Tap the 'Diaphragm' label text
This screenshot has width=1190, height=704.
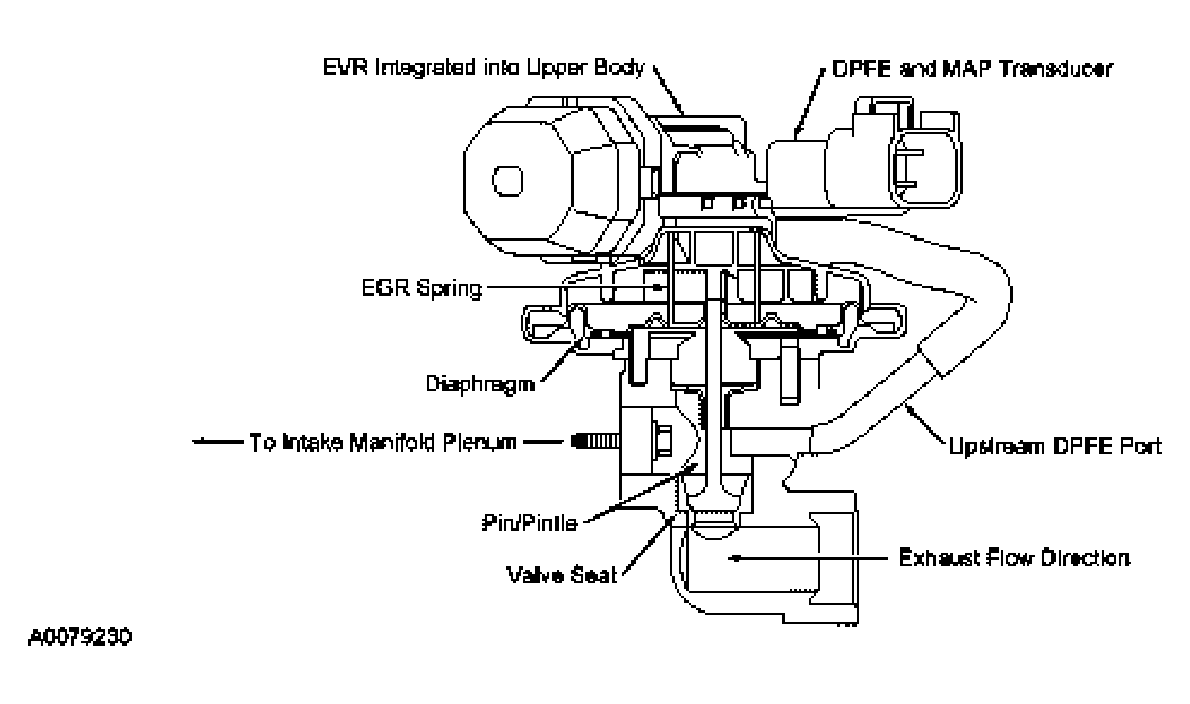(481, 383)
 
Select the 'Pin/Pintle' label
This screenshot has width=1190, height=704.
(529, 524)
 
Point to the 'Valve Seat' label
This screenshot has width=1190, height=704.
(561, 574)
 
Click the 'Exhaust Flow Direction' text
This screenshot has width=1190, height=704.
(1014, 557)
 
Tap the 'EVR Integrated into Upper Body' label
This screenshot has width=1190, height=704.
(483, 68)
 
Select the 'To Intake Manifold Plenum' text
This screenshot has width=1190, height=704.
(381, 443)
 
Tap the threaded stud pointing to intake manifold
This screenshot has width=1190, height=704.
(595, 441)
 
